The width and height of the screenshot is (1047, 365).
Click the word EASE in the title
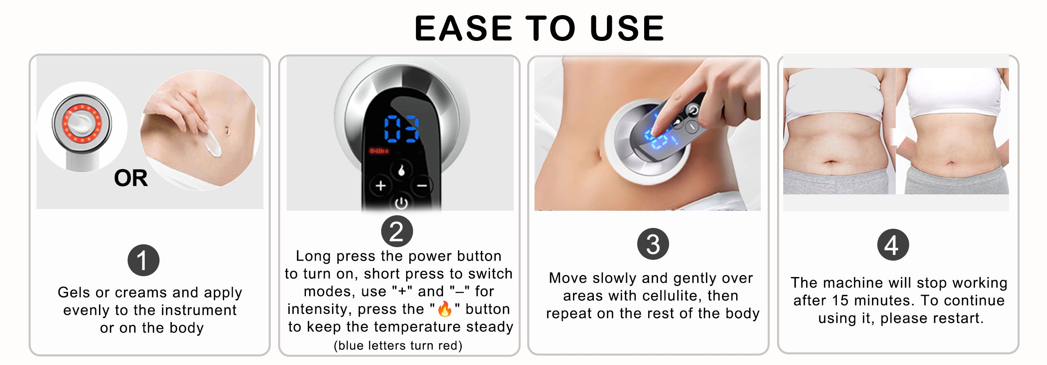point(463,28)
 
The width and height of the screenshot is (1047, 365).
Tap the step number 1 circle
point(144,260)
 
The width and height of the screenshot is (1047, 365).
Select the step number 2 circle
point(397,231)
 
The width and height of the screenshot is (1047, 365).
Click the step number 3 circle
point(653,244)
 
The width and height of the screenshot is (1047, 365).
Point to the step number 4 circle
point(893,245)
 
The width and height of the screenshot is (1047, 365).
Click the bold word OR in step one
point(131,178)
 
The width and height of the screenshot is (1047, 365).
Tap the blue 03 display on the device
point(401,129)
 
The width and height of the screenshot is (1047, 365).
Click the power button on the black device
point(401,203)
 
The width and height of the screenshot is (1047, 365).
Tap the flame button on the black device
point(401,170)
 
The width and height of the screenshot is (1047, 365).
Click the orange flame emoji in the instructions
point(445,309)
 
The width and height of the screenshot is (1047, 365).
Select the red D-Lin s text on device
point(379,151)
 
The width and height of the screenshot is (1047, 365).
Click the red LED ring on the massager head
point(82,123)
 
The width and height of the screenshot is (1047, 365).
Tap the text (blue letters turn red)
point(398,346)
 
